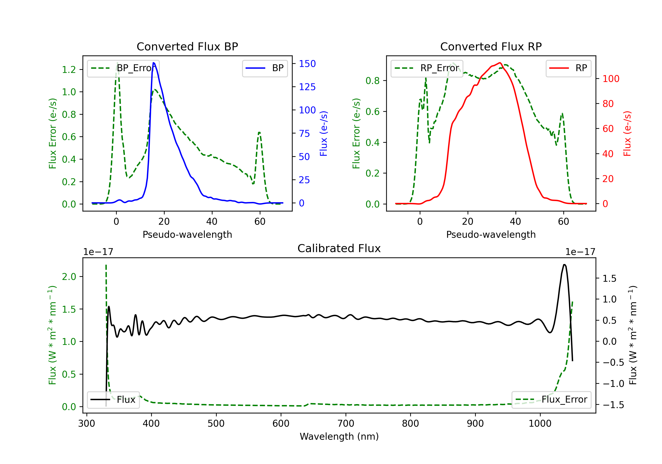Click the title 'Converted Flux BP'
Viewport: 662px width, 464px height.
[187, 46]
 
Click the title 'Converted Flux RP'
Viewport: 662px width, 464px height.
[491, 46]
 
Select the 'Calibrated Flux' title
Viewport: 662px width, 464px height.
[339, 248]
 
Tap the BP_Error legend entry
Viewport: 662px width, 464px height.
[123, 68]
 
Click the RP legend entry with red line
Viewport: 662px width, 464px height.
[568, 68]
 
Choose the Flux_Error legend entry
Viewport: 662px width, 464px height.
[551, 400]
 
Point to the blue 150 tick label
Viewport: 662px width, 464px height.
[307, 64]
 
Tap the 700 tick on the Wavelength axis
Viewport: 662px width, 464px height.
[346, 424]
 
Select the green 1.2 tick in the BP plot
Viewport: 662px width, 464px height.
[69, 70]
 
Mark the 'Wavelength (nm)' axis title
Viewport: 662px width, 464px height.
[339, 436]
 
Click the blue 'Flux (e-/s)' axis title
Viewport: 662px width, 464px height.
[324, 133]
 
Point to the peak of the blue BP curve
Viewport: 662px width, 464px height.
[153, 63]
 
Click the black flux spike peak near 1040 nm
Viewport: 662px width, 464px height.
[564, 264]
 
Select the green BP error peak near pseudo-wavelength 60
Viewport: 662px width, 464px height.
[259, 133]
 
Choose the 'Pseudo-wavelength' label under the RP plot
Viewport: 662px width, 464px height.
[491, 234]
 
